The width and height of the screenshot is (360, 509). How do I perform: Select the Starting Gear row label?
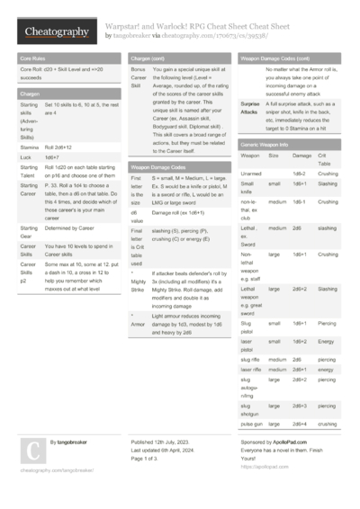tap(29, 232)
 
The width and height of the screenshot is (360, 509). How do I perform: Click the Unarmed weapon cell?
tap(252, 173)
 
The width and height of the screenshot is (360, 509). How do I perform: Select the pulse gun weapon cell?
tap(253, 423)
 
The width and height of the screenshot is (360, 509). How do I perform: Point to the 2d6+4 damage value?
tap(301, 423)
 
